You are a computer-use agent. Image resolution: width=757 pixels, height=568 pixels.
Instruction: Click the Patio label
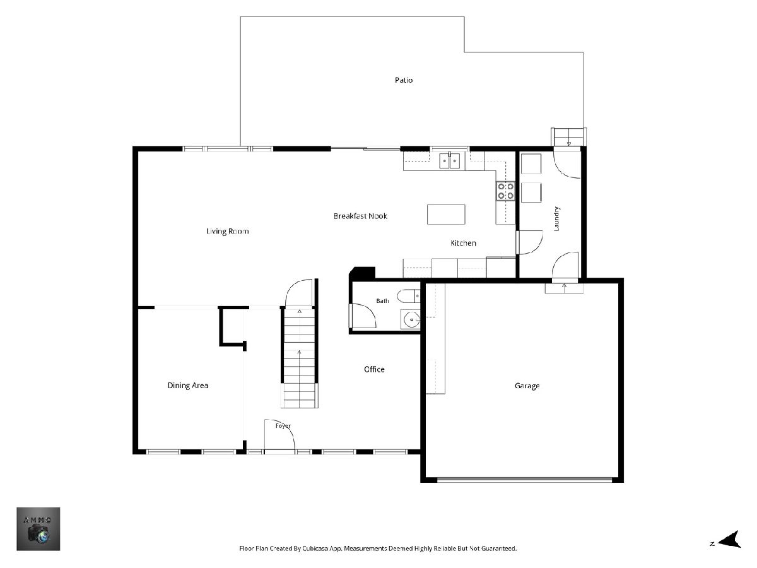(404, 80)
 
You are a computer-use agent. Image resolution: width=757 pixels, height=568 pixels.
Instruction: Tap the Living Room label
(227, 232)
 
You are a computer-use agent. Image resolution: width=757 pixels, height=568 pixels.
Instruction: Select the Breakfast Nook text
(360, 216)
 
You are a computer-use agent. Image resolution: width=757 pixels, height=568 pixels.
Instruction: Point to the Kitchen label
(463, 243)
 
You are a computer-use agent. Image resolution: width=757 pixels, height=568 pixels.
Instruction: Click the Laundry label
(556, 218)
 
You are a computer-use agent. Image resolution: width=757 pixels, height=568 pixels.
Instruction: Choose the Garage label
(527, 386)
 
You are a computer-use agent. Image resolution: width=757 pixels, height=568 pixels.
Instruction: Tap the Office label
(374, 369)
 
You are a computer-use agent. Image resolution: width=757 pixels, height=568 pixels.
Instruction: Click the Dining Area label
(188, 386)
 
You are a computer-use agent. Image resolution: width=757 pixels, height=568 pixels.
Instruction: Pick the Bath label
(382, 301)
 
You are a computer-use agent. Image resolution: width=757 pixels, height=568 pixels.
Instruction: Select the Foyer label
(283, 426)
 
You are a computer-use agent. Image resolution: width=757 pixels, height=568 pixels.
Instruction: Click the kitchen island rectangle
(446, 215)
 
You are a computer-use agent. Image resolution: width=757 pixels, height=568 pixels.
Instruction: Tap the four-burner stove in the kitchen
(505, 191)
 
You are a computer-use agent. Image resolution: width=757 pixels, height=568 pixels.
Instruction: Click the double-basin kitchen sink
(450, 161)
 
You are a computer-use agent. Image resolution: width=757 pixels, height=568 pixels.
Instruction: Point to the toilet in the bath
(409, 296)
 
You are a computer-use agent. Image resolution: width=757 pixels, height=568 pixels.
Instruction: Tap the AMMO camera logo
(38, 529)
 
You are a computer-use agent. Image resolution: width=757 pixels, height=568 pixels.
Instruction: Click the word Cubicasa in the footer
(315, 548)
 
